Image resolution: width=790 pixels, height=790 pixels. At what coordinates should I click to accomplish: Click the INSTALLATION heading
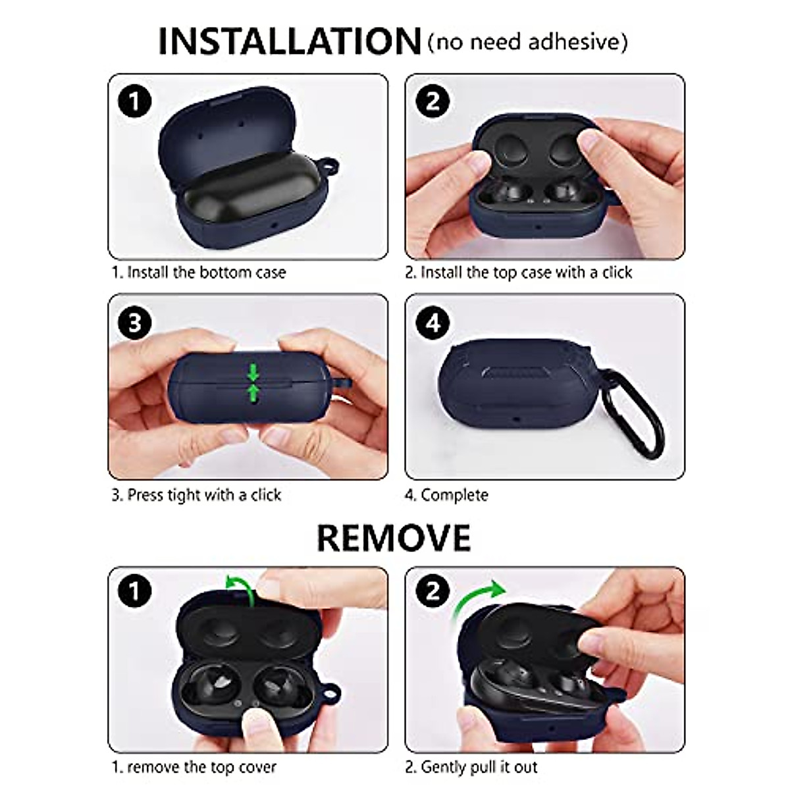click(x=289, y=41)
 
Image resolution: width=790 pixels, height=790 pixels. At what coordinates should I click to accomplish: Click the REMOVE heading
click(x=394, y=537)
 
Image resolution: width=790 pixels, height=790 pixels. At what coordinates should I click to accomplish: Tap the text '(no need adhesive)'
click(x=527, y=42)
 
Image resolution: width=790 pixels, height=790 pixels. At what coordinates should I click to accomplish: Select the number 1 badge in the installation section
click(x=135, y=102)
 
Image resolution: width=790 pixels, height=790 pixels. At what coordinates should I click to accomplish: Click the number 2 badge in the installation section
click(x=433, y=102)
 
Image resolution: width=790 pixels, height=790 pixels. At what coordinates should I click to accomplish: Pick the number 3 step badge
click(x=135, y=323)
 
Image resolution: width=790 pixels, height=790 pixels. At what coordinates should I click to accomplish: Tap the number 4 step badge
click(x=433, y=323)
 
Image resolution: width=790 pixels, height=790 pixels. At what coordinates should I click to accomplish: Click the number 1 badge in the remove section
click(x=135, y=591)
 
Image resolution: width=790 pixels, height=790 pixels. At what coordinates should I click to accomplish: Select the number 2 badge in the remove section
click(x=433, y=591)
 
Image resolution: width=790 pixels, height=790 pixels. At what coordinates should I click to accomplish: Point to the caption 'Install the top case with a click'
click(x=519, y=273)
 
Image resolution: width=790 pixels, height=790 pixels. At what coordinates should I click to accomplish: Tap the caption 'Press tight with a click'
click(x=196, y=495)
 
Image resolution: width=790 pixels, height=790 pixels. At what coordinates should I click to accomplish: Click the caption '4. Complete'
click(x=446, y=495)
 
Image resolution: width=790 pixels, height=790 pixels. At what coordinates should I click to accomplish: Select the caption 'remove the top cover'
click(x=194, y=767)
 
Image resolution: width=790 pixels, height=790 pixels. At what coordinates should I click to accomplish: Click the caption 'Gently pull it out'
click(x=471, y=767)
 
